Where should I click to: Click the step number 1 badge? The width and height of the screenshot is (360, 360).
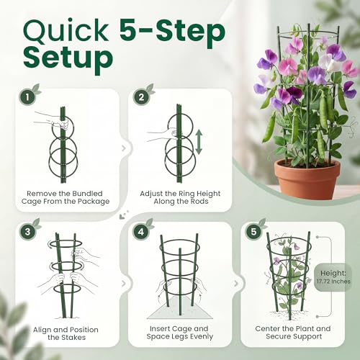(x=27, y=97)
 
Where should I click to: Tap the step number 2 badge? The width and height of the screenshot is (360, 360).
(x=141, y=97)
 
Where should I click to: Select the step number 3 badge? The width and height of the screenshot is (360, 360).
(x=27, y=232)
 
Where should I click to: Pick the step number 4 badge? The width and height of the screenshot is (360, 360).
(x=141, y=232)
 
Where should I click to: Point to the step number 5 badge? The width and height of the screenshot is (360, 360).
(x=253, y=232)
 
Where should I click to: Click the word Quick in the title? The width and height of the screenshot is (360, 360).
(x=66, y=32)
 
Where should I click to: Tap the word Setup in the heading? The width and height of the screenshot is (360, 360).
(x=68, y=58)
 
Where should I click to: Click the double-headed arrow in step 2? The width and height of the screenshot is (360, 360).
(x=199, y=142)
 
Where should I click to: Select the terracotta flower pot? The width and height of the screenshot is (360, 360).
(x=307, y=178)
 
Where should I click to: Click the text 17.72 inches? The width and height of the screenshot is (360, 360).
(x=333, y=282)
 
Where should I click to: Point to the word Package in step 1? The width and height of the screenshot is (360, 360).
(x=94, y=201)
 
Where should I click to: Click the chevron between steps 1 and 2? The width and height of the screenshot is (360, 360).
(x=124, y=148)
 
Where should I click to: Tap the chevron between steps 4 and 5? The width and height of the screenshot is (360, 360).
(x=236, y=284)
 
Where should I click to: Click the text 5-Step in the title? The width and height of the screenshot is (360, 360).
(x=172, y=31)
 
